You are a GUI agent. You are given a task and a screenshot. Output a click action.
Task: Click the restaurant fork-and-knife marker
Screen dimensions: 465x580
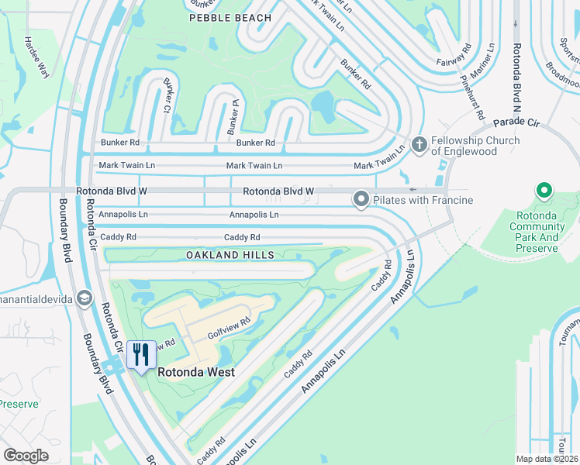click(140, 356)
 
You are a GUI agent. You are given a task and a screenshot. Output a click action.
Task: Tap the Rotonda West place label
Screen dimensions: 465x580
click(196, 372)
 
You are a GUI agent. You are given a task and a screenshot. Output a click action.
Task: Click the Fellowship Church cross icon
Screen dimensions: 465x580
click(419, 144)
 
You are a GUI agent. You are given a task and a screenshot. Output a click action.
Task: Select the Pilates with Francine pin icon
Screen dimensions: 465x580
click(361, 200)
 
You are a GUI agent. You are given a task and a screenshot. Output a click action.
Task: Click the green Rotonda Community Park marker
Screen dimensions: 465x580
click(544, 190)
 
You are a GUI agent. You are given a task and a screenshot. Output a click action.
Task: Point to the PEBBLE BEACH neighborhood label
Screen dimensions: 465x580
click(230, 17)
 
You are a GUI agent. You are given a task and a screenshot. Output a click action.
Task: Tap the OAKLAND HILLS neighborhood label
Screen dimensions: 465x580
click(230, 255)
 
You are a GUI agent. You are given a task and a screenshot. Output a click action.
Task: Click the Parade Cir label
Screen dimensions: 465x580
click(516, 122)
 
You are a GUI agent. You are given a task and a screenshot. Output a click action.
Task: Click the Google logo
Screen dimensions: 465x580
click(26, 456)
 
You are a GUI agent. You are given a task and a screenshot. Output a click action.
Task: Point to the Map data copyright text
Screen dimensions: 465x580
click(547, 459)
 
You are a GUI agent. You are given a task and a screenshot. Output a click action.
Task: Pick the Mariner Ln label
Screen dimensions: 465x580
click(489, 60)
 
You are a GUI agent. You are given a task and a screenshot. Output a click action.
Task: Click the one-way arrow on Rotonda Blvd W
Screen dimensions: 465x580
click(413, 190)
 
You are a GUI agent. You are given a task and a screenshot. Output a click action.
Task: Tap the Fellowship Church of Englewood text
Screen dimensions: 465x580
click(476, 145)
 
